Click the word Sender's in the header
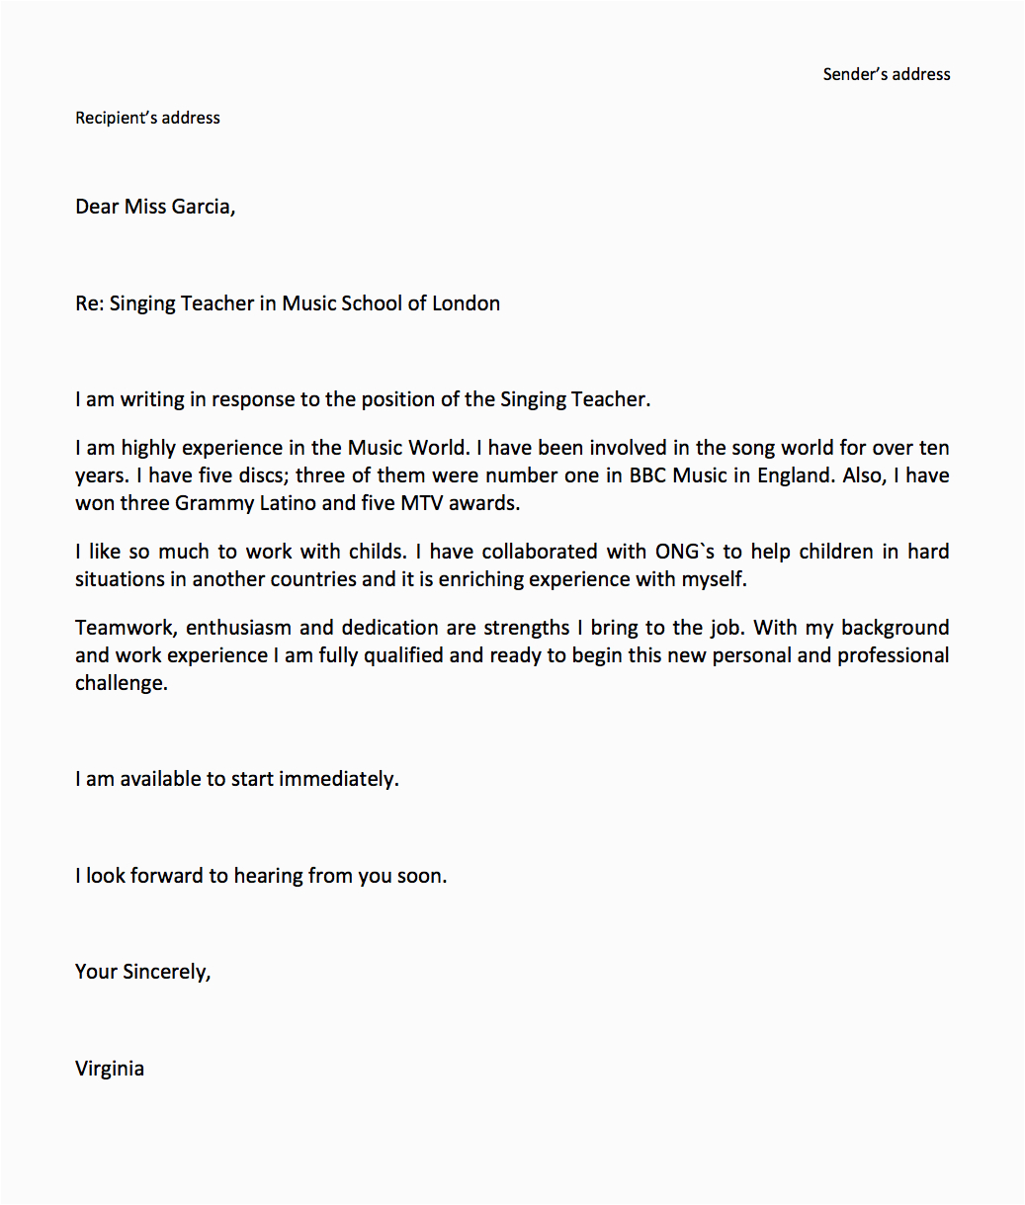point(855,74)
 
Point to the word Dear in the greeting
point(97,207)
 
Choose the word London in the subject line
point(466,303)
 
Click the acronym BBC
point(648,475)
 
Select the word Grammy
point(210,503)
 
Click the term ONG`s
point(684,552)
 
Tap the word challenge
point(120,683)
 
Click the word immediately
point(338,779)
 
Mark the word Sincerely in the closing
point(165,972)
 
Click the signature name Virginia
point(110,1069)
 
